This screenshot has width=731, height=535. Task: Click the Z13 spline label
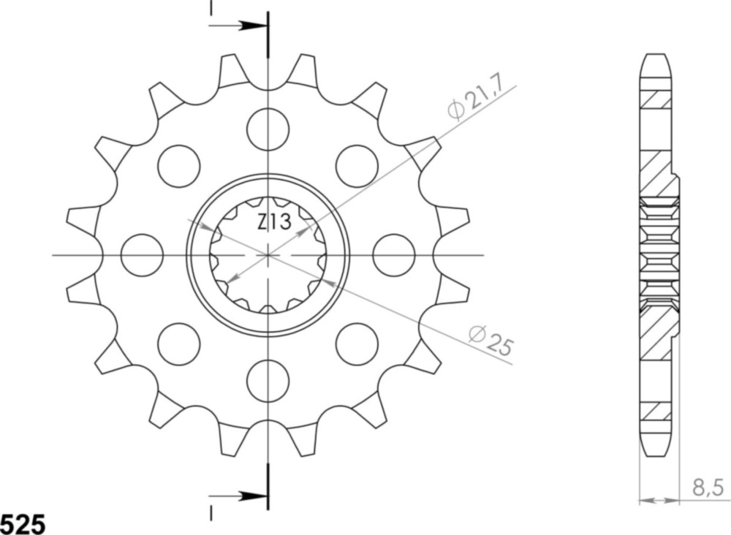pos(274,222)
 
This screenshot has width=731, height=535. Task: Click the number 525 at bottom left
pos(23,523)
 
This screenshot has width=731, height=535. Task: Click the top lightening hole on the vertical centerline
pos(268,129)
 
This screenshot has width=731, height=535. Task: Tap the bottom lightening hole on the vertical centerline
pos(268,381)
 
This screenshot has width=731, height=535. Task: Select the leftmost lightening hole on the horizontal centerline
pos(142,255)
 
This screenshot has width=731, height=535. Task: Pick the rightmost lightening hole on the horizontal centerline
pos(394,255)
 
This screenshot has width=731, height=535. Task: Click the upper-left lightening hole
pos(179,166)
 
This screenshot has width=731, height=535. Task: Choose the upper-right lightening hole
pos(357,166)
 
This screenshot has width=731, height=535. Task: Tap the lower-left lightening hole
pos(179,344)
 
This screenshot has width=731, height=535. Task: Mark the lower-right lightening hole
pos(357,344)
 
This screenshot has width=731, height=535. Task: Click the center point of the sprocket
pos(268,255)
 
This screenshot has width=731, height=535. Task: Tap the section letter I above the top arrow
pos(211,7)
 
